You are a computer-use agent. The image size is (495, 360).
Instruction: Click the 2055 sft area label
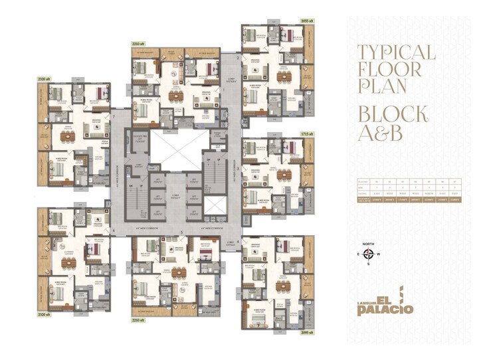tap(307, 21)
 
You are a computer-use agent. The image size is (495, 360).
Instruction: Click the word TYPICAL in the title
tap(396, 52)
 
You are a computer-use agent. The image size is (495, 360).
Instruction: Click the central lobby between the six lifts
tap(175, 197)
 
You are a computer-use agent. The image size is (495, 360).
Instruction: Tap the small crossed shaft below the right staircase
tap(215, 205)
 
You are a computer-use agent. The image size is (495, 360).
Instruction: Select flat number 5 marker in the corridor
tap(181, 232)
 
